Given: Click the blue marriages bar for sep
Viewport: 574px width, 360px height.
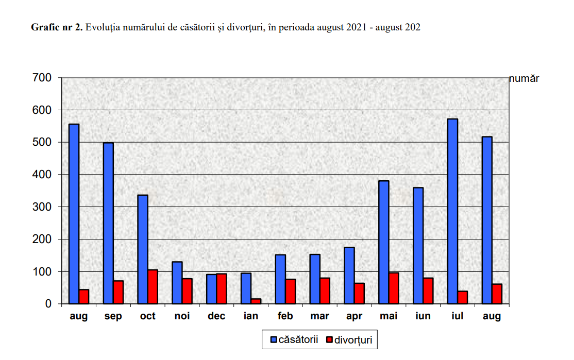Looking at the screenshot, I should [x=108, y=223].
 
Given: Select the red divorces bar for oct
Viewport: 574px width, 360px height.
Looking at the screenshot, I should [x=153, y=286].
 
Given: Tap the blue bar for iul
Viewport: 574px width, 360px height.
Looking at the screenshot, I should [x=452, y=211].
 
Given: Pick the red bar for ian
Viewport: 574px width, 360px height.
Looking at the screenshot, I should [x=256, y=301].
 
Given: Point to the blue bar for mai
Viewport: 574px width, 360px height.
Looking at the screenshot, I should [x=383, y=242].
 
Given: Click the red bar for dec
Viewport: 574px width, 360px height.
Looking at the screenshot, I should [x=222, y=288].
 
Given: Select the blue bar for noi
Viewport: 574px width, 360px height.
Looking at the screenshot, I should [x=177, y=283].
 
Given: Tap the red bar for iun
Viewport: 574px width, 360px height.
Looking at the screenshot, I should [x=428, y=290].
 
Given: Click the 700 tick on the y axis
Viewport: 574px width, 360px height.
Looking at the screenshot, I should [x=43, y=78].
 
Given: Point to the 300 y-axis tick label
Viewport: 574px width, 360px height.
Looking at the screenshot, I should [x=43, y=207].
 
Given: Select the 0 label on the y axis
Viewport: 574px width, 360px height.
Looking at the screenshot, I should [x=48, y=304].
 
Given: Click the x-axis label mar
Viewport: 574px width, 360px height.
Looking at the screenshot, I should [x=319, y=317].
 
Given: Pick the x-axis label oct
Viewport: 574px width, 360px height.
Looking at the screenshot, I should [x=147, y=317].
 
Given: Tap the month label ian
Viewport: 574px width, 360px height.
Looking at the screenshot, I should [x=251, y=317].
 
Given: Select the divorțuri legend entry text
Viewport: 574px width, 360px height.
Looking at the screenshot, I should [x=353, y=340].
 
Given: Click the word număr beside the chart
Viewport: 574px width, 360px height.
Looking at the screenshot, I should [x=524, y=79].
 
